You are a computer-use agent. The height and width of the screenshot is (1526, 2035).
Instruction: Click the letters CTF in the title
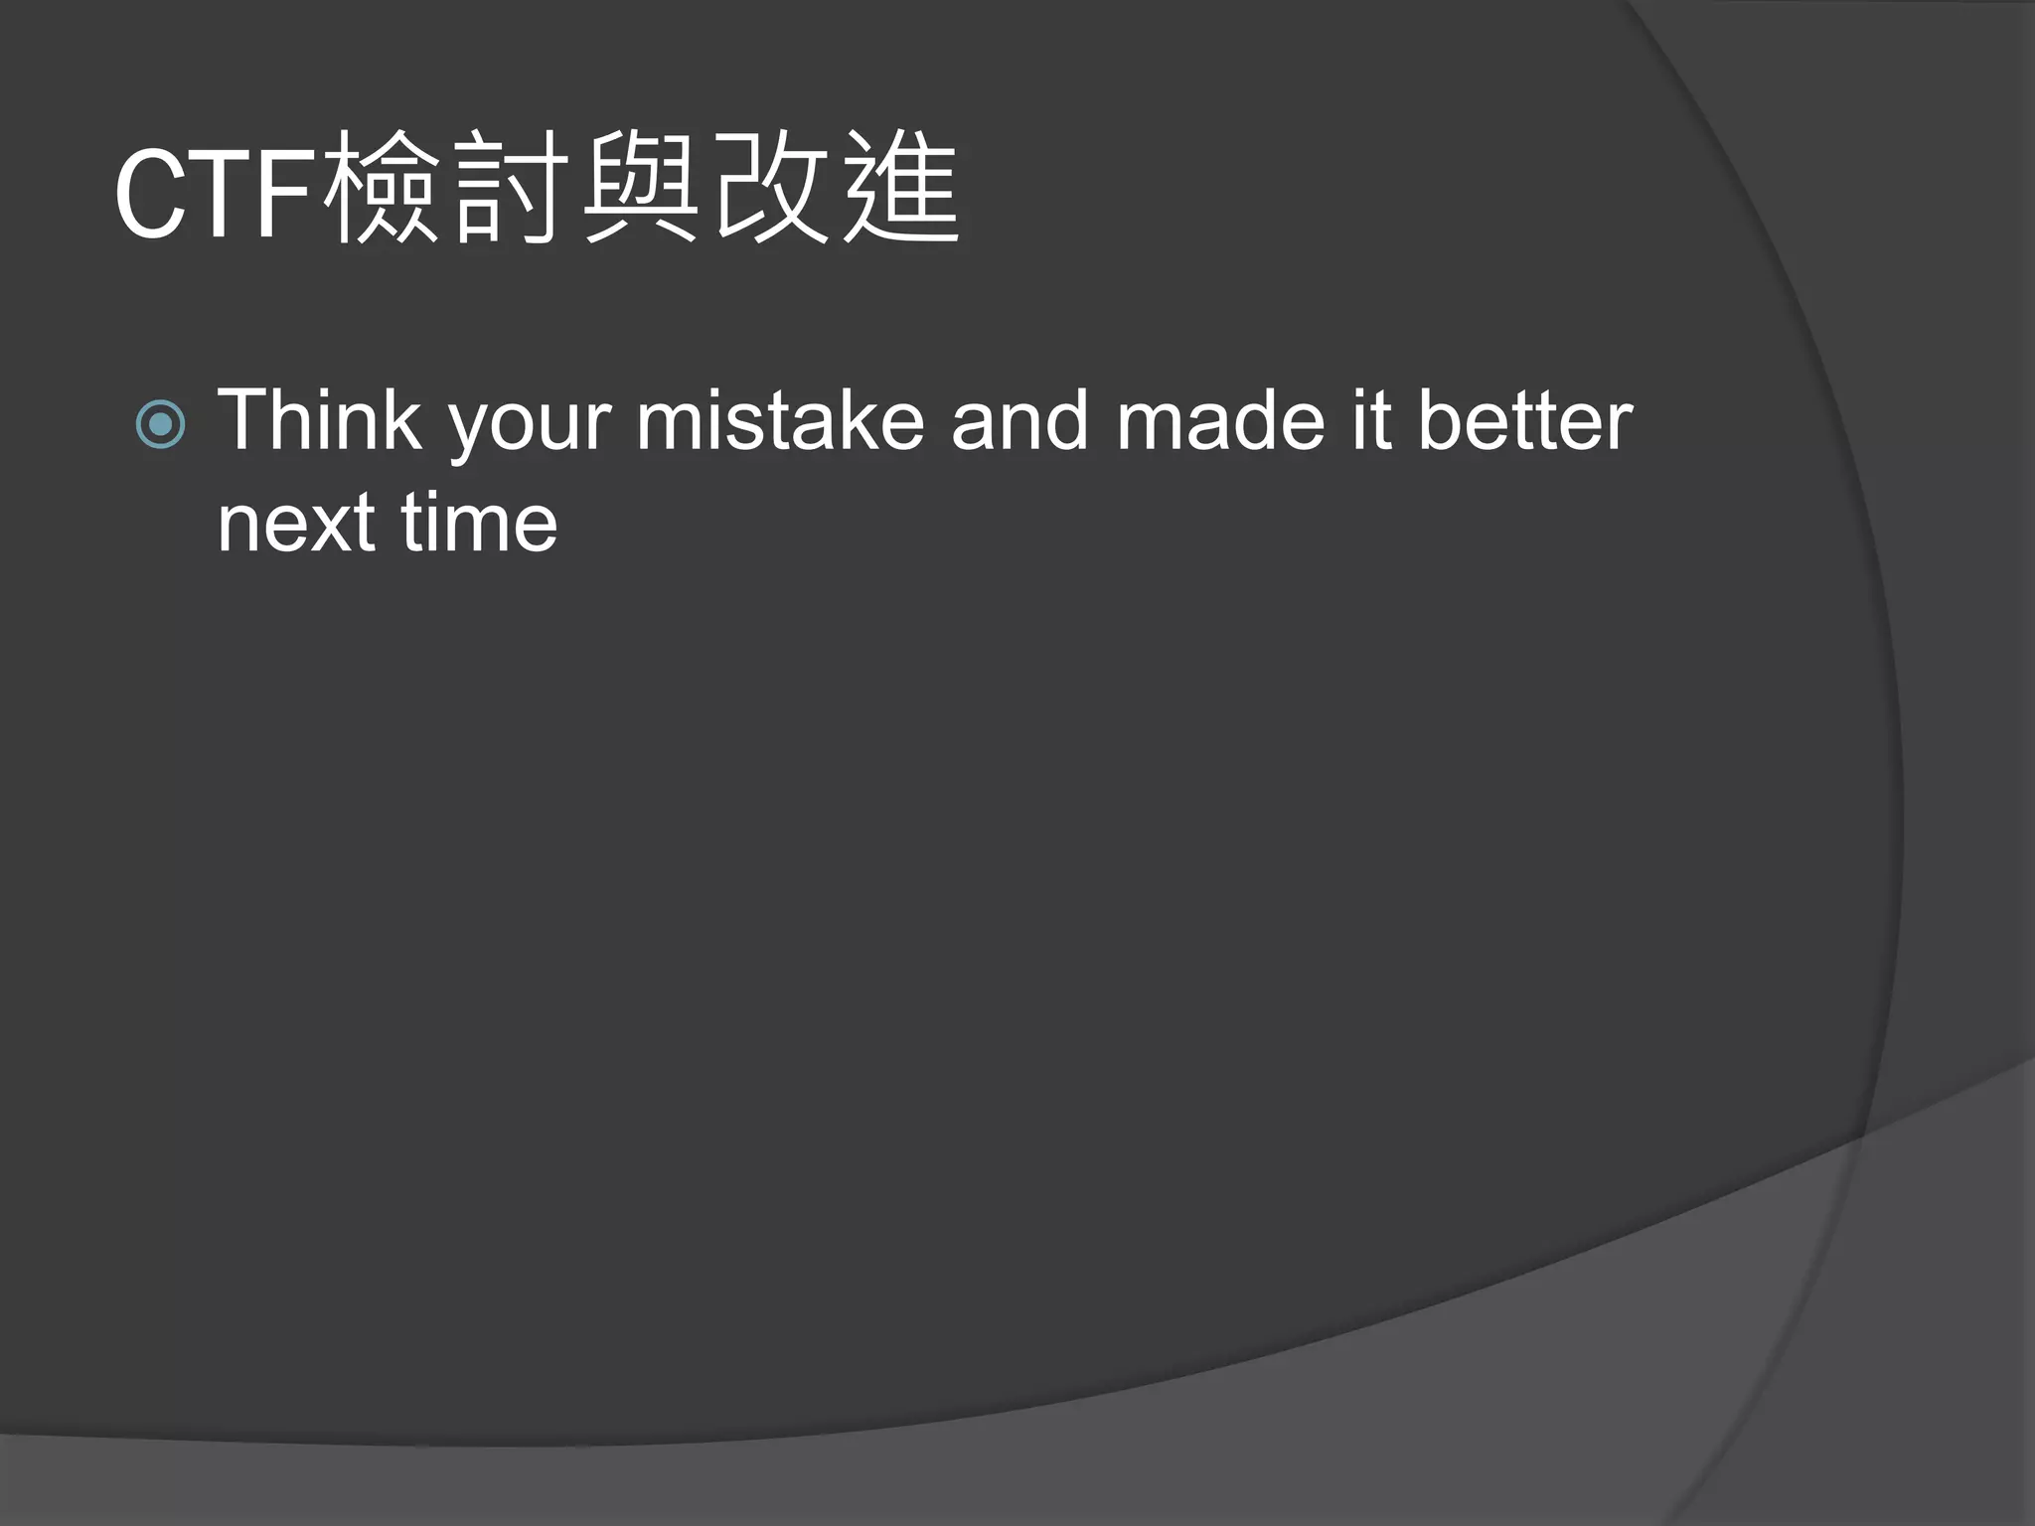217,194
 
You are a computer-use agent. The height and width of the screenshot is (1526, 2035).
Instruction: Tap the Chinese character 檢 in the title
382,189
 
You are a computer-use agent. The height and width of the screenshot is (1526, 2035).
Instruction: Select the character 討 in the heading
511,189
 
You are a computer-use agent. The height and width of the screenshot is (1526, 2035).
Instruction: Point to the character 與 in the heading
640,189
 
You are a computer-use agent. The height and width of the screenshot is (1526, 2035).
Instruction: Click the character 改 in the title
771,189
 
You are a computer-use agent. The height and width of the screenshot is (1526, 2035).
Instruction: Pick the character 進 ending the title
900,189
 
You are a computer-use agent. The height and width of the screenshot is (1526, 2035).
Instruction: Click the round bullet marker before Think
160,424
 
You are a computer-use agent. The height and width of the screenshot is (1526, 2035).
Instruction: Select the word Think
319,420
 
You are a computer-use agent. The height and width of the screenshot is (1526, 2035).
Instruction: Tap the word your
530,427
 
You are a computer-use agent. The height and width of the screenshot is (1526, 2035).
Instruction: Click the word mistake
780,420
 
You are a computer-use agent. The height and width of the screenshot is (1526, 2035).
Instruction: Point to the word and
1019,420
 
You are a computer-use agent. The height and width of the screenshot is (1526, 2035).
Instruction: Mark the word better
1524,420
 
